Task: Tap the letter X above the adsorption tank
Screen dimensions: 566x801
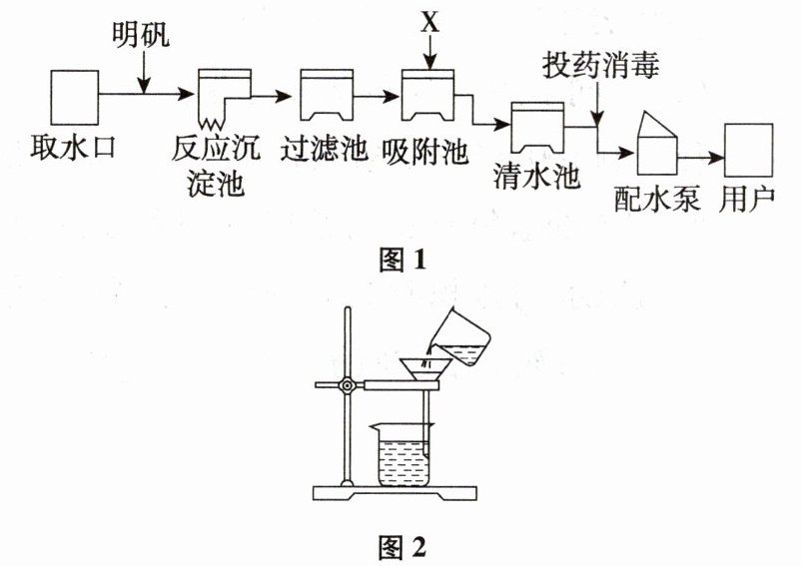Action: coord(429,22)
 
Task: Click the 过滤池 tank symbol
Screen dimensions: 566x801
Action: coord(326,94)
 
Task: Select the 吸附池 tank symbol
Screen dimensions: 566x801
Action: coord(426,93)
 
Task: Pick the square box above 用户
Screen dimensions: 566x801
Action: coord(750,151)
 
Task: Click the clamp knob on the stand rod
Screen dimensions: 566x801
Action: coord(347,385)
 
